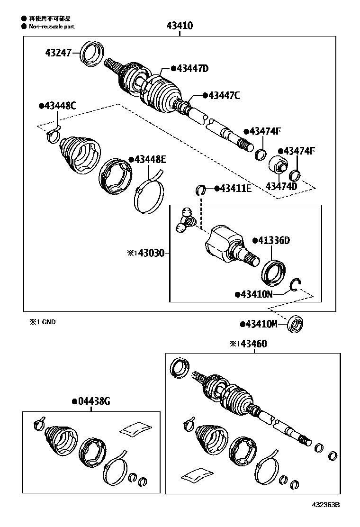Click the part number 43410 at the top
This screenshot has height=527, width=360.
coord(180,26)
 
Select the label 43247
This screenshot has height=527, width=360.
coord(58,53)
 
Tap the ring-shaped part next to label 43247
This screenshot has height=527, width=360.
coord(91,54)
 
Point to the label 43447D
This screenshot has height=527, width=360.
coord(192,69)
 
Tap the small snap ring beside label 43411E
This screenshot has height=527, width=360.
coord(201,191)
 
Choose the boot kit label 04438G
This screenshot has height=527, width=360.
coord(93,402)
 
